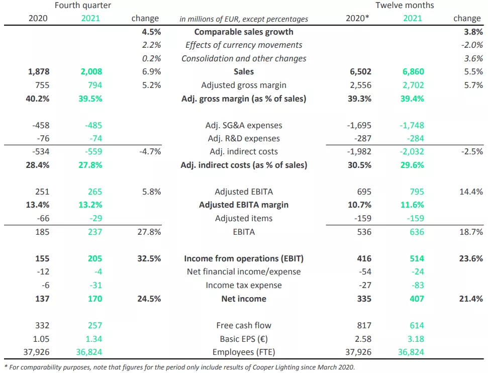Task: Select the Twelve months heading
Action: point(405,6)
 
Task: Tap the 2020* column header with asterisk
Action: point(358,19)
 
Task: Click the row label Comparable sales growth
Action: point(244,32)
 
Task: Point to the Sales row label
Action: point(244,72)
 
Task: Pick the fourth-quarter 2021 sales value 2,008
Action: point(91,72)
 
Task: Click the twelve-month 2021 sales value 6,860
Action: point(413,72)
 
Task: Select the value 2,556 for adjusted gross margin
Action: point(360,85)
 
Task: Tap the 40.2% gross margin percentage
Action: point(37,99)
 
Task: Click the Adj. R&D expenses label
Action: point(244,138)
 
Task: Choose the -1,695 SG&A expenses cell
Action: point(359,125)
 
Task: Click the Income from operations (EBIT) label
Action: point(244,258)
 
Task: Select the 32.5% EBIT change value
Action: point(148,258)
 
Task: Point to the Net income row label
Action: point(244,299)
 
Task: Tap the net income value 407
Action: point(416,299)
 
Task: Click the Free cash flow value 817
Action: point(364,325)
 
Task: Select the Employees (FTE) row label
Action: point(244,352)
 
